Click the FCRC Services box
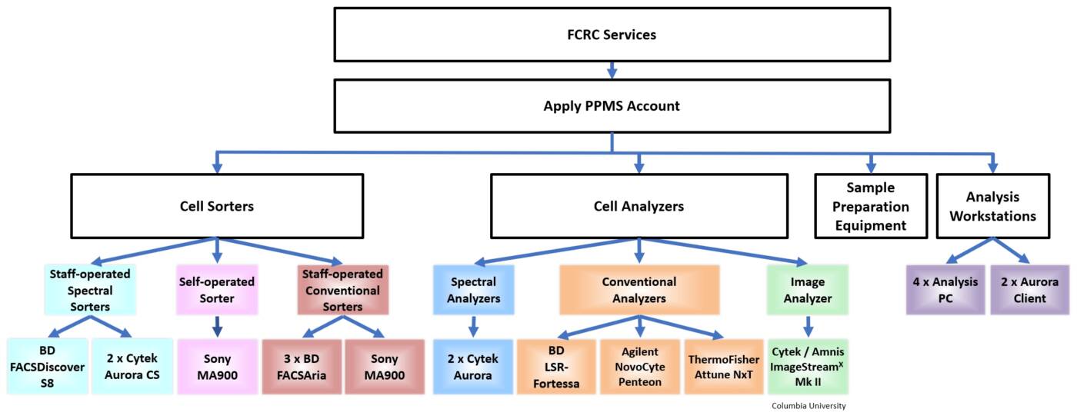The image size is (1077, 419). (612, 35)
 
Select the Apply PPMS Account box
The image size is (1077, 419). (612, 106)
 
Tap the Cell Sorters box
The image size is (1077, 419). (216, 205)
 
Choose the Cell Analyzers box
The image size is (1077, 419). (639, 205)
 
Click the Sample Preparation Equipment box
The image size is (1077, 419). (871, 206)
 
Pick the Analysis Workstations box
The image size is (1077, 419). (992, 206)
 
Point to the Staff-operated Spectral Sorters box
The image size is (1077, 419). (91, 291)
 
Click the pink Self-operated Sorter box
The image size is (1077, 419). (216, 291)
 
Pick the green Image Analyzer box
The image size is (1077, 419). (807, 291)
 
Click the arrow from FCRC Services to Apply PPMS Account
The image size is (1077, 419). (612, 70)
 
